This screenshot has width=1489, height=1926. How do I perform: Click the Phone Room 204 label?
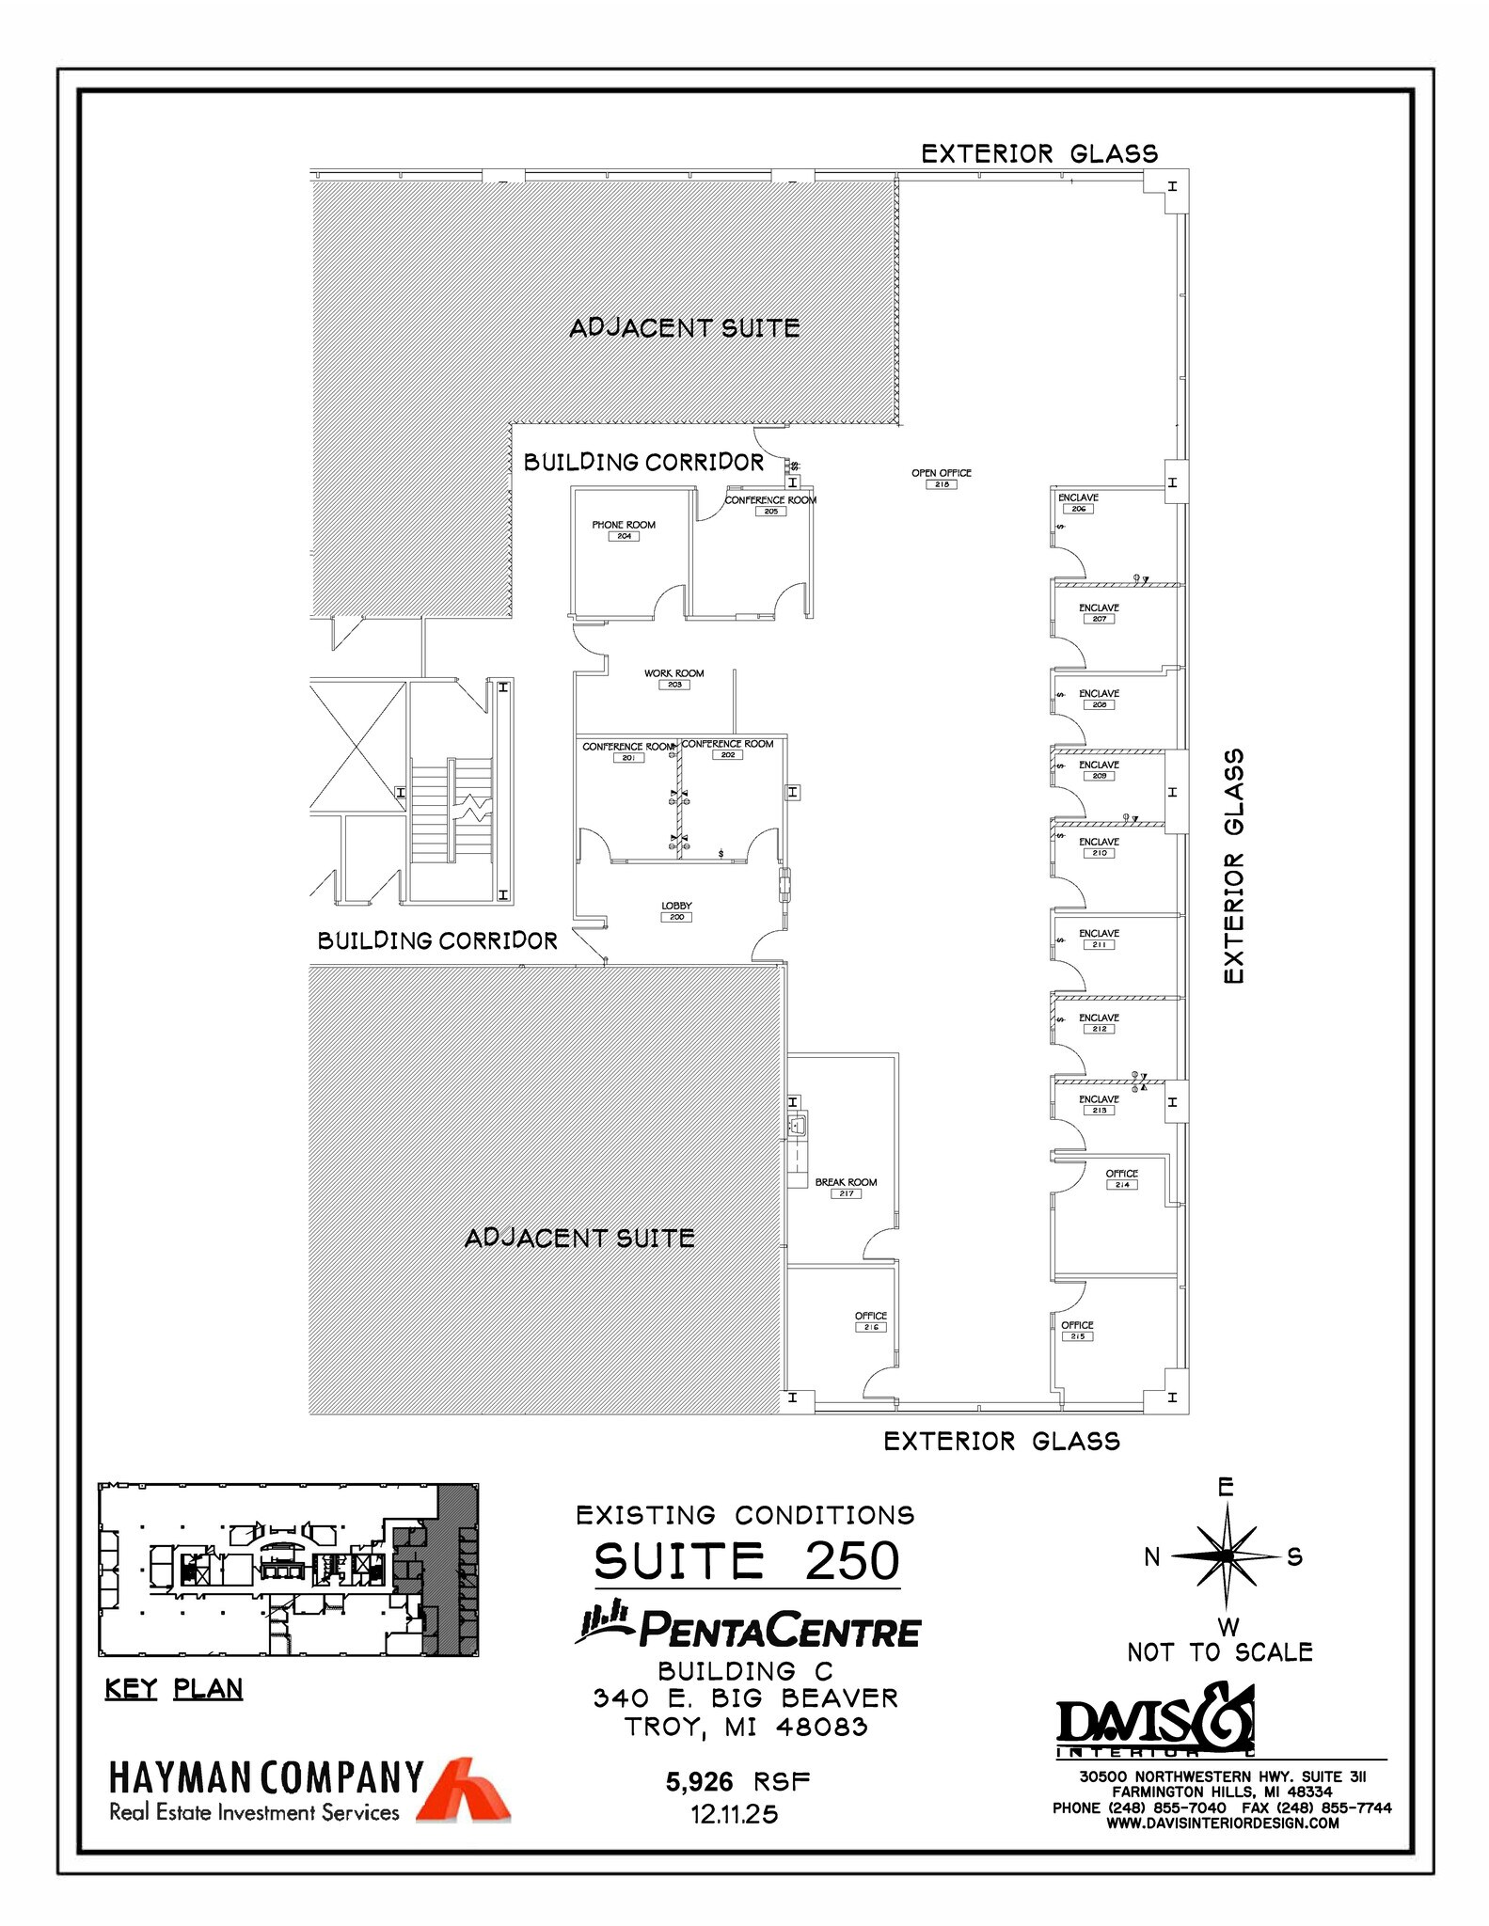coord(624,530)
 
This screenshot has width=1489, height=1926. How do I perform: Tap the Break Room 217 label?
coord(846,1188)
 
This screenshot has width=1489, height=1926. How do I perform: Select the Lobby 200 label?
coord(676,911)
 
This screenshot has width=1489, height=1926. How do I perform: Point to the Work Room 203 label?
coord(673,679)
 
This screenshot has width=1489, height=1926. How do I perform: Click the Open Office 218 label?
coord(941,479)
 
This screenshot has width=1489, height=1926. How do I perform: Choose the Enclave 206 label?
coord(1078,503)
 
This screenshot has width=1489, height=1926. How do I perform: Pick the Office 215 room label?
coord(1077,1331)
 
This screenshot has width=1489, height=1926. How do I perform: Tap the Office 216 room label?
coord(871,1321)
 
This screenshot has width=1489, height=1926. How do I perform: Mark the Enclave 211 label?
coord(1098,939)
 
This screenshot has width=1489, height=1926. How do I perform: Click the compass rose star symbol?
coord(1227,1556)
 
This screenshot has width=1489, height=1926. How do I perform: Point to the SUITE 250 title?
coord(747,1562)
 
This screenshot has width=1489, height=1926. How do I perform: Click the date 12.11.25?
coord(735,1815)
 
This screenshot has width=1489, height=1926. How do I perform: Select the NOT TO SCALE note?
coord(1220,1652)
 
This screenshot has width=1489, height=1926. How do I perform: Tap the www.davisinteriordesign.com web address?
coord(1222,1823)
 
